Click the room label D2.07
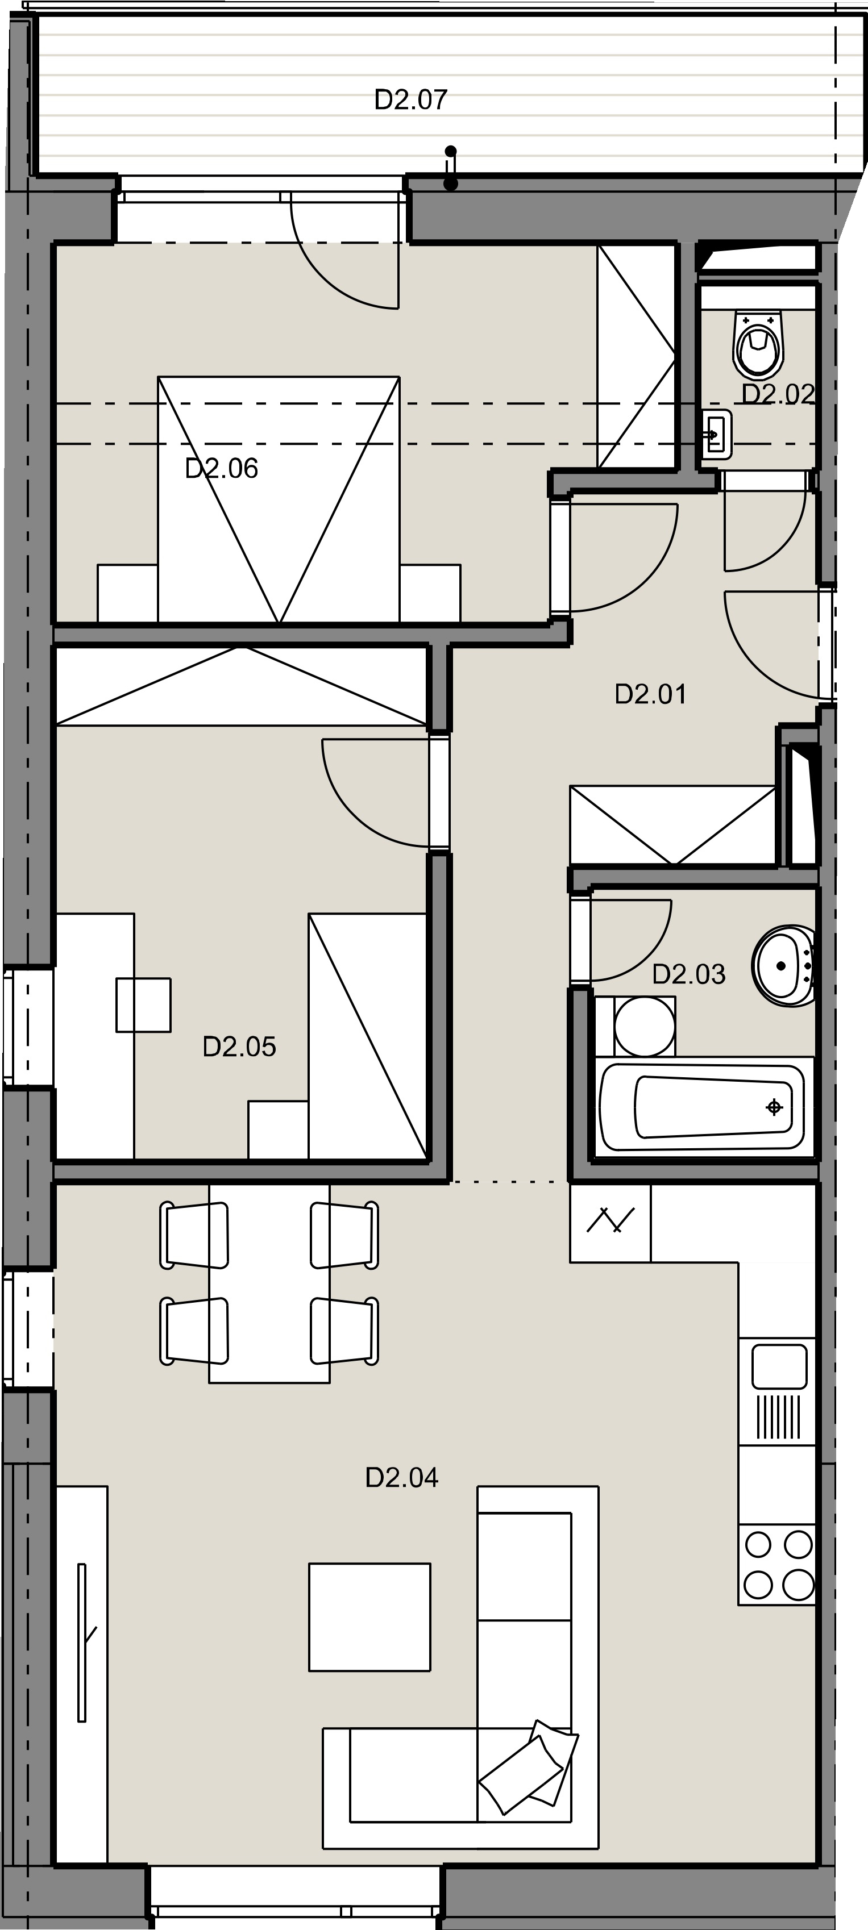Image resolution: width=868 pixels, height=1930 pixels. (411, 99)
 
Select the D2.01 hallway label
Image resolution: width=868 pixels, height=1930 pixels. (651, 694)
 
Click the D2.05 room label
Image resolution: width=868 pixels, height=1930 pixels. (240, 1047)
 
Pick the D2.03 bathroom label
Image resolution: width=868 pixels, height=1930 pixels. (689, 974)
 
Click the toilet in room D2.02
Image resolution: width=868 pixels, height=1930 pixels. (758, 344)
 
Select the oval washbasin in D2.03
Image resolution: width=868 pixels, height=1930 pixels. (783, 966)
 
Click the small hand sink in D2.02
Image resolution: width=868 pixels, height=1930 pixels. (717, 435)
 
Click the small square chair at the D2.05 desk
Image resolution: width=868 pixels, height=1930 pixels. (143, 1004)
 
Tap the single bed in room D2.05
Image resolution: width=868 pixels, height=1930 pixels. (367, 1035)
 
